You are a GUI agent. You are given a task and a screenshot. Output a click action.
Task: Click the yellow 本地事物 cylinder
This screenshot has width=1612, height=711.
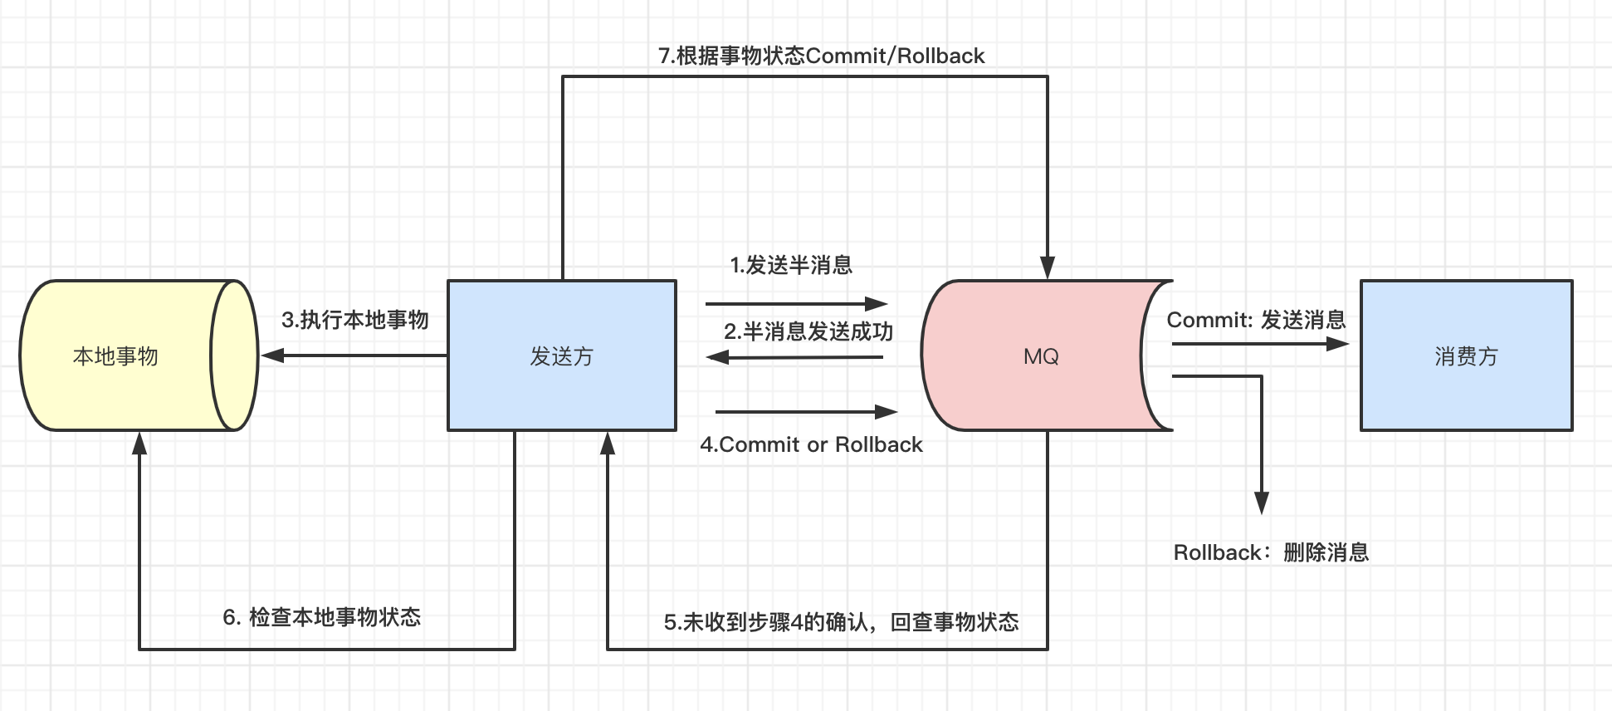(116, 355)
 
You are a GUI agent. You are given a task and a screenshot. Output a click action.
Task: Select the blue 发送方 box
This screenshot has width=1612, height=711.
(562, 355)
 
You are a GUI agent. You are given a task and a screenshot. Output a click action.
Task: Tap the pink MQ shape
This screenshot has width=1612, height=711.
(1041, 355)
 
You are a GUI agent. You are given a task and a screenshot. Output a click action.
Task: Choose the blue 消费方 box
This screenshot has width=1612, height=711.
(1466, 355)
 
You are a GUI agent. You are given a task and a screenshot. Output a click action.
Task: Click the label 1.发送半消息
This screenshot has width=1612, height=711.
(791, 265)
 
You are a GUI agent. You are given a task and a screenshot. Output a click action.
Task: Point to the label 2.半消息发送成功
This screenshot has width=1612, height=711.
(808, 331)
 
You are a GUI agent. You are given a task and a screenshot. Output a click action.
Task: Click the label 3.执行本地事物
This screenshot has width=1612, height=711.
(354, 320)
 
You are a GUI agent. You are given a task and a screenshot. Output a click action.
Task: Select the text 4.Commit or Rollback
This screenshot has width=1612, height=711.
(811, 444)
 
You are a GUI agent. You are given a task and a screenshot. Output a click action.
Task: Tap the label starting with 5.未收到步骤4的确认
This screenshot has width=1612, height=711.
(841, 622)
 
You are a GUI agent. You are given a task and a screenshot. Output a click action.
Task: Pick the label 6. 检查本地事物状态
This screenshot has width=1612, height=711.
(322, 617)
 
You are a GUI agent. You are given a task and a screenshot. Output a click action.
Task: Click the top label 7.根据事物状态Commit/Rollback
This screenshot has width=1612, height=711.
(821, 56)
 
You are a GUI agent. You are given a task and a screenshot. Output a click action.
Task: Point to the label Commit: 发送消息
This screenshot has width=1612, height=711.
(1256, 320)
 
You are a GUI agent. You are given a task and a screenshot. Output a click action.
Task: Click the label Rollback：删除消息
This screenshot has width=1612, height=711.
(1271, 552)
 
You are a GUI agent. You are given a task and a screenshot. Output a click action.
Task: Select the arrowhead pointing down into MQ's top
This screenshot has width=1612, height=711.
(1048, 267)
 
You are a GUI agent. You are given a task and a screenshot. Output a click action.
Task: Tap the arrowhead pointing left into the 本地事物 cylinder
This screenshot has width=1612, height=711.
(272, 355)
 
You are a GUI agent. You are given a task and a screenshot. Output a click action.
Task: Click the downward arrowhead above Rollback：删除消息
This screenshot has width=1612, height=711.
(1262, 503)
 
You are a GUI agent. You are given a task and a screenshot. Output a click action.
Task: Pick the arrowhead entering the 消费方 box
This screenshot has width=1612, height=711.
(1338, 343)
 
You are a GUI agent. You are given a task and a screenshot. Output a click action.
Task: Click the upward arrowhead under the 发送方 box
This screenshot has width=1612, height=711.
(608, 444)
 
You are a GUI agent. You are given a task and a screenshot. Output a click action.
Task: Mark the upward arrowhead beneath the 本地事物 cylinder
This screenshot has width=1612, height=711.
(139, 444)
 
